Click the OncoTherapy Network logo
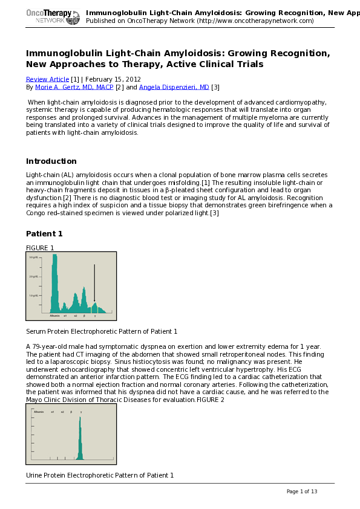click(x=53, y=16)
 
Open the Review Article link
click(x=47, y=79)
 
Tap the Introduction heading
click(x=51, y=161)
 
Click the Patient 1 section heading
click(x=44, y=234)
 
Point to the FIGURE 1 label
click(x=40, y=248)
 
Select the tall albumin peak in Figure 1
click(x=55, y=284)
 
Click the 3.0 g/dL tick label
click(x=34, y=258)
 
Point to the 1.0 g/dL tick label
click(x=34, y=295)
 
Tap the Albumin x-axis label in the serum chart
click(x=54, y=316)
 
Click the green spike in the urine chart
click(x=80, y=441)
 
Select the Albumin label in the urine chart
click(x=38, y=411)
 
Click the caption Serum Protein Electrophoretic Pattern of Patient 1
click(x=102, y=331)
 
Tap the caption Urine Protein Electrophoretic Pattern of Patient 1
click(x=100, y=475)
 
